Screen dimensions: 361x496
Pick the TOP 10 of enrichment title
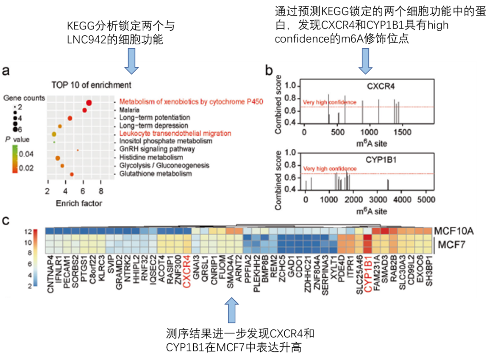tap(91, 85)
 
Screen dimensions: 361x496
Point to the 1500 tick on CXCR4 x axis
tap(402, 132)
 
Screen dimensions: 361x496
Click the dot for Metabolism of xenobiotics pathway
tap(89, 103)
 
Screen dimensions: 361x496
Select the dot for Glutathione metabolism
tap(72, 174)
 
